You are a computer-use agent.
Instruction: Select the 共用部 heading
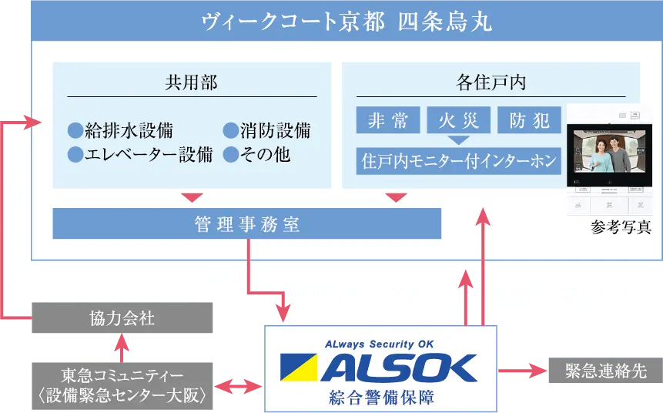click(191, 82)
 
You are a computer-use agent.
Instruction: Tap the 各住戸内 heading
click(491, 82)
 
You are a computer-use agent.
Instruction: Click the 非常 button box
click(388, 120)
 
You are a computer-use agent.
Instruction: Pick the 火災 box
click(458, 120)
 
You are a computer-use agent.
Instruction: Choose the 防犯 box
click(529, 120)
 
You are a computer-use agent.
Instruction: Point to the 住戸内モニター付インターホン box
click(458, 162)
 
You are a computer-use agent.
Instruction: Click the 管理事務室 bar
click(246, 224)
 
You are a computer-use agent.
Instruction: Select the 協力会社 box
click(123, 318)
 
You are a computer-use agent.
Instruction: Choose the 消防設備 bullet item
click(267, 130)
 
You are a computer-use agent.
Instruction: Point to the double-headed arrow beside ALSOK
click(240, 384)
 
